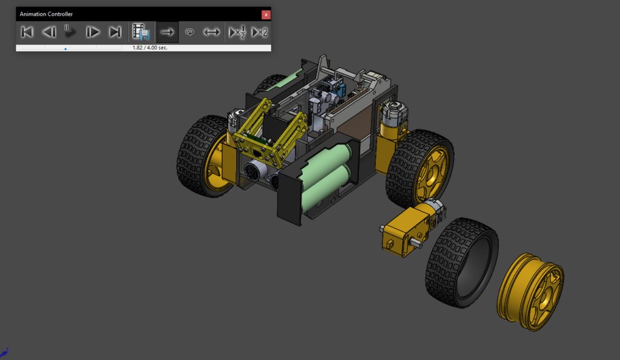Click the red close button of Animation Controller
pos(266,14)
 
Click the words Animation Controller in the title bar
pos(47,14)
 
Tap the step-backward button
pos(49,32)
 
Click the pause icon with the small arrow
pos(70,31)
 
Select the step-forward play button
pos(93,32)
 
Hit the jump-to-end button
pos(114,32)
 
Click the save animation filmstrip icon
pos(141,32)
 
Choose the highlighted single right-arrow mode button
pos(168,32)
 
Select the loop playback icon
pos(190,32)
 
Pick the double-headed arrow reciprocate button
pos(211,32)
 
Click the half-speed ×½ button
pos(237,32)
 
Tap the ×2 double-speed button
pos(259,32)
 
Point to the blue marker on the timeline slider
pos(65,48)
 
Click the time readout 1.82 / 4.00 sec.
pos(150,48)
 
